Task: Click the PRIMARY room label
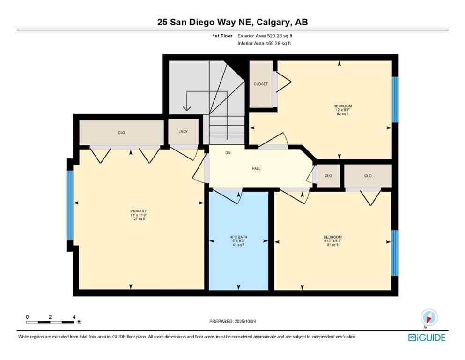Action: [139, 211]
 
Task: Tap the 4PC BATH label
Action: [238, 237]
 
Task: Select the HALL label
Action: [256, 169]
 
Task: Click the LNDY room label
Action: [183, 132]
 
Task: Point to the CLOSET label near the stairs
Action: [261, 84]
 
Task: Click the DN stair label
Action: [228, 153]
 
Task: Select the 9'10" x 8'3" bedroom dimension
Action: [333, 241]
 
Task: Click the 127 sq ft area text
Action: [139, 219]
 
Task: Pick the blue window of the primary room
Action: [70, 205]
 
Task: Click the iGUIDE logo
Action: [427, 337]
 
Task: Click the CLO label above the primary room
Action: [121, 133]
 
